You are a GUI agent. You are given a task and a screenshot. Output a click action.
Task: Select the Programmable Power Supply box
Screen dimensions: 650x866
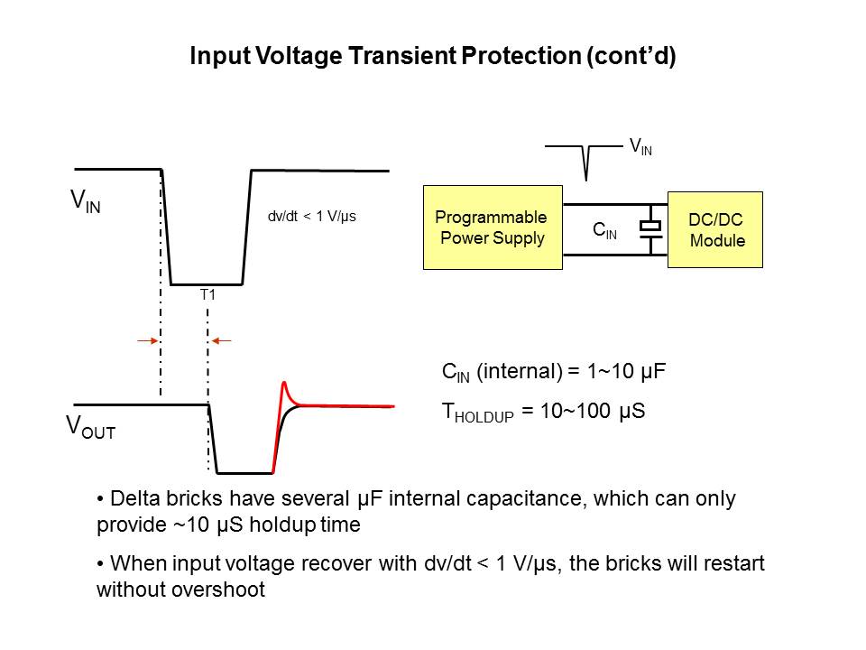pyautogui.click(x=493, y=227)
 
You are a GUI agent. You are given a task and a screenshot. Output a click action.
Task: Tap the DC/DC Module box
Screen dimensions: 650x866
pyautogui.click(x=715, y=229)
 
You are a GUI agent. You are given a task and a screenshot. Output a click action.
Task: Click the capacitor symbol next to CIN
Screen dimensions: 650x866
pyautogui.click(x=650, y=225)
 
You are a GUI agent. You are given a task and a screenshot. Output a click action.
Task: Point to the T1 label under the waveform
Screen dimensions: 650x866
pyautogui.click(x=207, y=293)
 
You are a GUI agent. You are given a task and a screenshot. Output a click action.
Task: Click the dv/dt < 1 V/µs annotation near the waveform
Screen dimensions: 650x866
pyautogui.click(x=312, y=217)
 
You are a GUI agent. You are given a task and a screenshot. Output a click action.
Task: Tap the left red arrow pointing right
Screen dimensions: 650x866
pyautogui.click(x=145, y=340)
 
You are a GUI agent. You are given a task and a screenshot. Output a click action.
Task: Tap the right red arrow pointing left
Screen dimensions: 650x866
pyautogui.click(x=222, y=340)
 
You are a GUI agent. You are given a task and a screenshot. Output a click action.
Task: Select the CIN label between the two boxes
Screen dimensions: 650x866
pyautogui.click(x=604, y=231)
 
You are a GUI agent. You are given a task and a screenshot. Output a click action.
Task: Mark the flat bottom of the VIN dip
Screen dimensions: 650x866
pyautogui.click(x=207, y=283)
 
